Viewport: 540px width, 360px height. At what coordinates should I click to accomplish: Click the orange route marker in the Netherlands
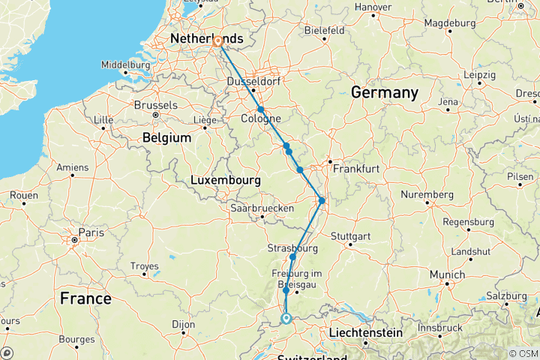coord(217,42)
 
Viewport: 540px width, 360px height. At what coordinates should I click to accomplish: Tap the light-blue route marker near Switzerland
coord(286,319)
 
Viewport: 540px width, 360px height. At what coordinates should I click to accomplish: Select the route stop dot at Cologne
coord(261,109)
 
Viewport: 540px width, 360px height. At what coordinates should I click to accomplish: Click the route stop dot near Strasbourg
coord(292,257)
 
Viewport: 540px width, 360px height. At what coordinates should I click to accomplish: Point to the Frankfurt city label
coord(358,169)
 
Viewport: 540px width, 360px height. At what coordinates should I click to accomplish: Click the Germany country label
coord(384,93)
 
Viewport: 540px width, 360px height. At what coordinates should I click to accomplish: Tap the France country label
coord(85,298)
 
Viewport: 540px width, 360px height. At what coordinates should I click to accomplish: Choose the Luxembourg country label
coord(226,181)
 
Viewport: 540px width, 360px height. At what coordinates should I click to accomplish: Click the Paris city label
coord(91,232)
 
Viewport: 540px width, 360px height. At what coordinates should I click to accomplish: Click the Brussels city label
coord(157,105)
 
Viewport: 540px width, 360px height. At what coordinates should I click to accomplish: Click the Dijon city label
coord(177,325)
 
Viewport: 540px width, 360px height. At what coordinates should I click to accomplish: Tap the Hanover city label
coord(373,7)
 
